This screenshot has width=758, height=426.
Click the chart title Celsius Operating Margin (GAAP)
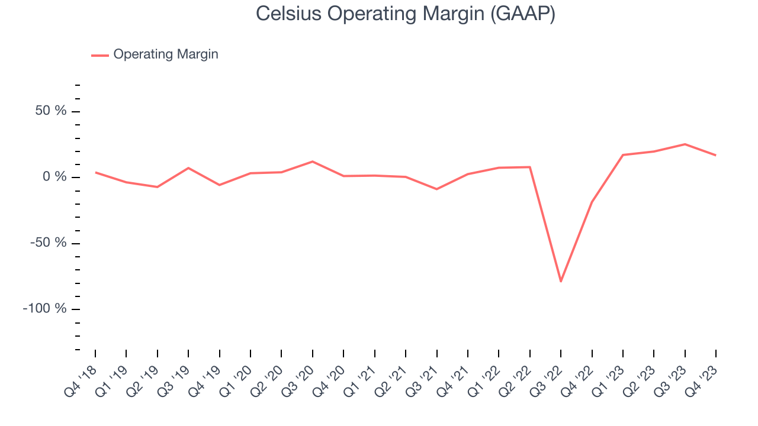405,14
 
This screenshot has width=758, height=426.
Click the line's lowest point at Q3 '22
561,281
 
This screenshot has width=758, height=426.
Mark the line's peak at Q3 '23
685,144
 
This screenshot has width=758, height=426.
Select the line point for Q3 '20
313,162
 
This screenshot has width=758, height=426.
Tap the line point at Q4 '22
592,202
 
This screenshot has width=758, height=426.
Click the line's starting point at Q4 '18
95,172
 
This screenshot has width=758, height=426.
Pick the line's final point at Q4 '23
716,156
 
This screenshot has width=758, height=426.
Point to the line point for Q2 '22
530,167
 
